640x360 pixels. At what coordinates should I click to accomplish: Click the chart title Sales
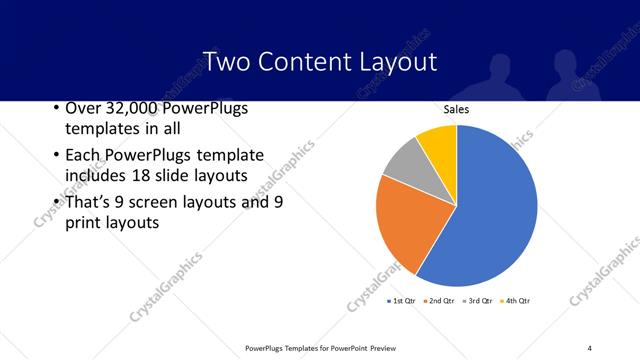[x=456, y=110]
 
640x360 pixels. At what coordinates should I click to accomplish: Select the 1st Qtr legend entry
[x=401, y=300]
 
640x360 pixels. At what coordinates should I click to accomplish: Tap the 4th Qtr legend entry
[x=514, y=300]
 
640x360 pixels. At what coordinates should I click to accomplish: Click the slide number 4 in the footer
[x=590, y=348]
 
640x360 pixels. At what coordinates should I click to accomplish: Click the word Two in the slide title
[x=224, y=61]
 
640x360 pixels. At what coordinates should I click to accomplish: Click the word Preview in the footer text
[x=396, y=348]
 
